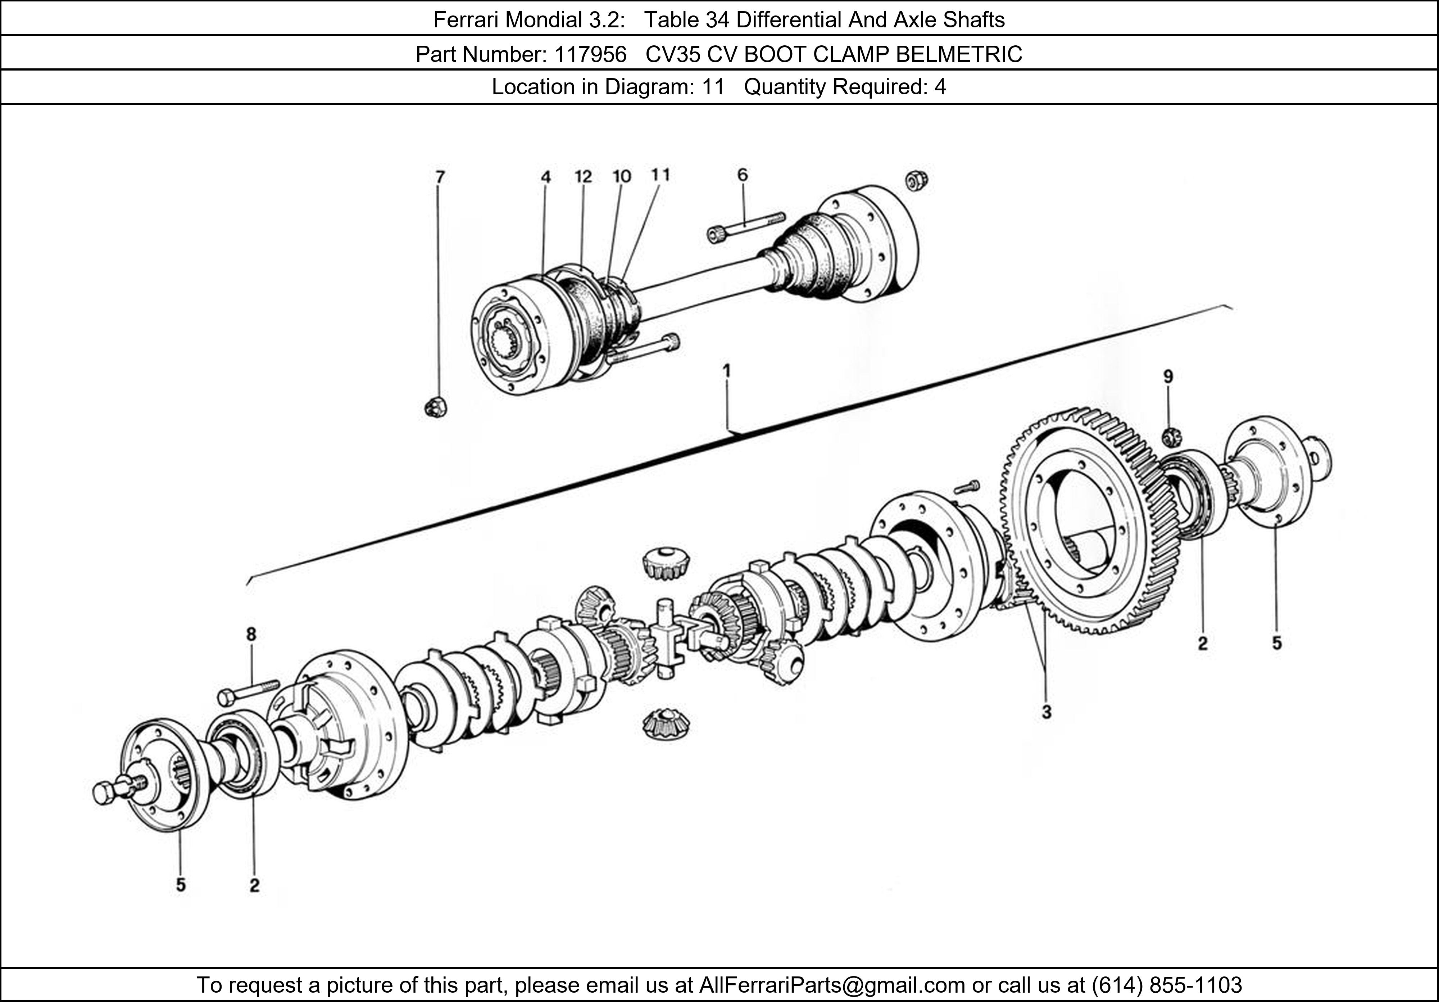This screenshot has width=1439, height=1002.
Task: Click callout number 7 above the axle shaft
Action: (440, 177)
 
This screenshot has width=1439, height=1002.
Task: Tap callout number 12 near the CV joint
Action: (583, 177)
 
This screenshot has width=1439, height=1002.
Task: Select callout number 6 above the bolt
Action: (742, 175)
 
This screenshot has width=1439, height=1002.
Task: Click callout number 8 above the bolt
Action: (251, 635)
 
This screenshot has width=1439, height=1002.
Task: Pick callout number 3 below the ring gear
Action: (1046, 712)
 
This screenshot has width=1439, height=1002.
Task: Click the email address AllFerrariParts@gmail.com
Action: (832, 985)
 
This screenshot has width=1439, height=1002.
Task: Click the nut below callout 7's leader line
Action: (435, 407)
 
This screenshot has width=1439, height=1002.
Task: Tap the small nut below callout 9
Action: (1170, 437)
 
